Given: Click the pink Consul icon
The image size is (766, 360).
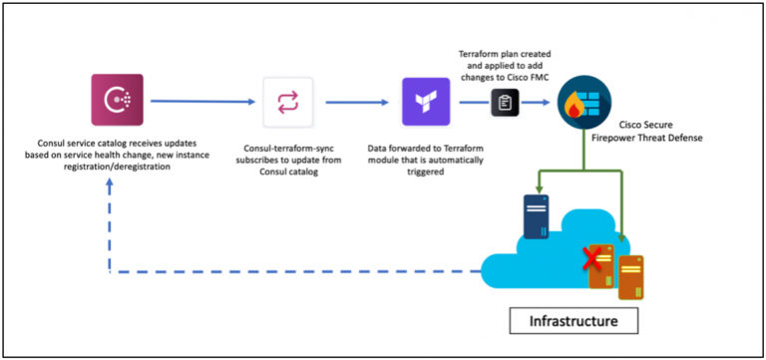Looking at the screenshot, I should pos(115,101).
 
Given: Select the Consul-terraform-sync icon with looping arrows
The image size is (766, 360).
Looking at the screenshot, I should pos(287,101).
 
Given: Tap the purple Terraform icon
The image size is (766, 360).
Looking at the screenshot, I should pos(426,102).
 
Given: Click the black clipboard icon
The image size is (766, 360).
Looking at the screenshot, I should pos(505,102).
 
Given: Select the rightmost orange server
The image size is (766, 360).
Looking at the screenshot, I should pos(629,277).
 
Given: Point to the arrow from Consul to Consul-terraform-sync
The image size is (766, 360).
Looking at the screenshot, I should pos(198,101).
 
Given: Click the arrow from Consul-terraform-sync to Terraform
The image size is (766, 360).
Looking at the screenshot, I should pos(356,101).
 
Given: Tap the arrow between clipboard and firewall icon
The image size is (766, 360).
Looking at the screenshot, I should pos(536,102).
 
